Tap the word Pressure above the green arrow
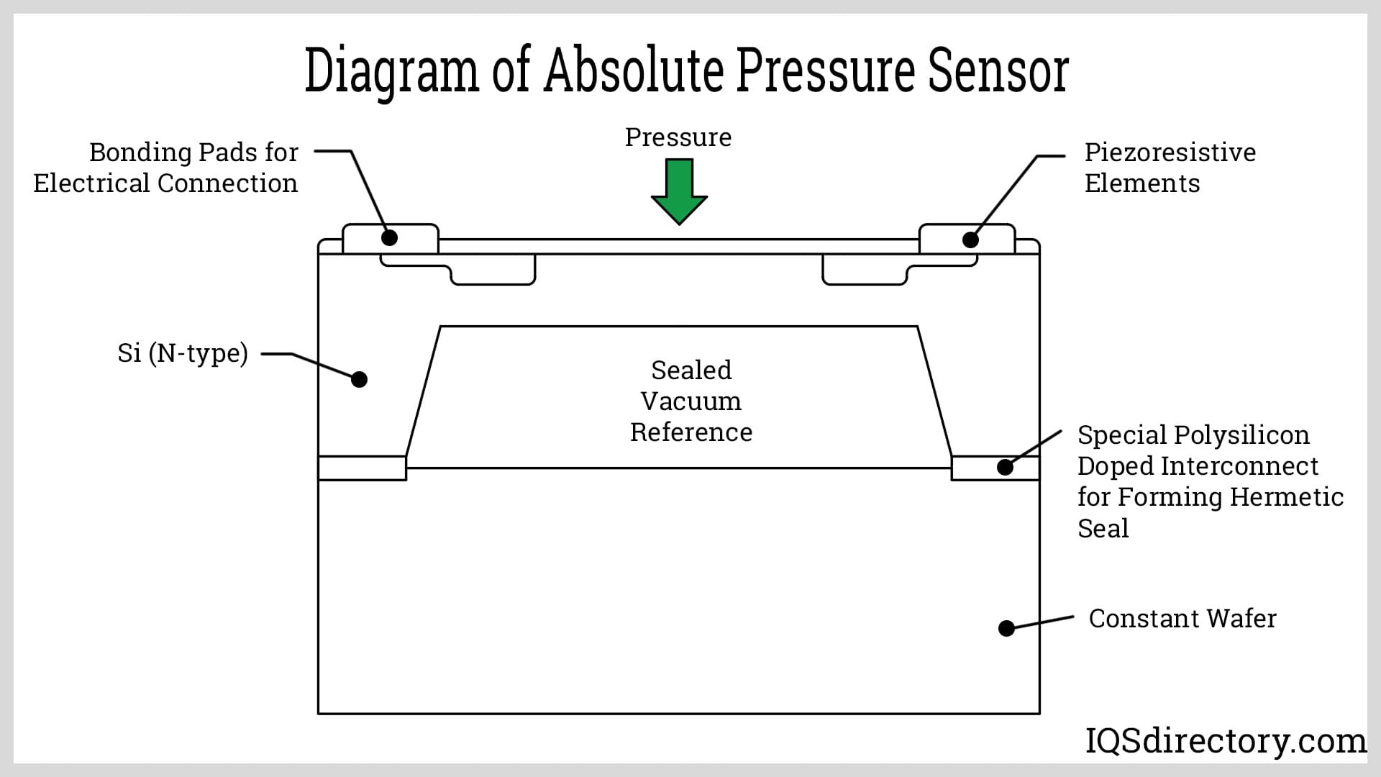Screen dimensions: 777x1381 (678, 137)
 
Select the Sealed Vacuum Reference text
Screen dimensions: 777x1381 (691, 401)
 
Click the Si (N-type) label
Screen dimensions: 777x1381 (183, 353)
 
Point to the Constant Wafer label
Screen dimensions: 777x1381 (1182, 618)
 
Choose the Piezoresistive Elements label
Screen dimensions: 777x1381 (1170, 168)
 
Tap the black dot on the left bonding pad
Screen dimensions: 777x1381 (390, 237)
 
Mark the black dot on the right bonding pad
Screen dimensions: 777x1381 (970, 240)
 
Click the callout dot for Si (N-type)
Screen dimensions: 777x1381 (359, 379)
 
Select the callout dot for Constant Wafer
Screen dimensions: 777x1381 (1006, 628)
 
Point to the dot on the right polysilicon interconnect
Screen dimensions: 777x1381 (1005, 467)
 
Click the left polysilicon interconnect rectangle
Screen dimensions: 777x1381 (362, 468)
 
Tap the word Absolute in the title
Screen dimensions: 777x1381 (634, 71)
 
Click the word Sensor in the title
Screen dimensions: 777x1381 (998, 71)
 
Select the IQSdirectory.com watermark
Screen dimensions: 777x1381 (1225, 740)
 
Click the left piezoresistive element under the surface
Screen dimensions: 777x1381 (493, 272)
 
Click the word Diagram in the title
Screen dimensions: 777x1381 (391, 71)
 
